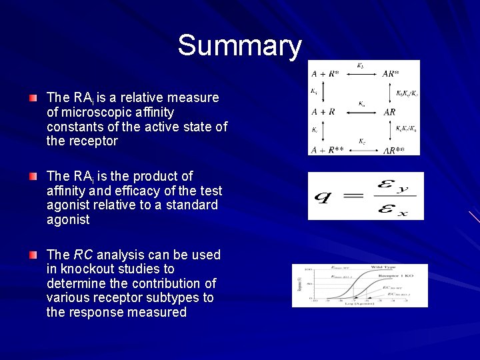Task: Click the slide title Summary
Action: pyautogui.click(x=240, y=46)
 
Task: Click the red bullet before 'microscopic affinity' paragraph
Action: pyautogui.click(x=33, y=98)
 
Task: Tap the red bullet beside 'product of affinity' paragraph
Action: pyautogui.click(x=33, y=177)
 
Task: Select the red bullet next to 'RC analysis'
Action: pyautogui.click(x=33, y=255)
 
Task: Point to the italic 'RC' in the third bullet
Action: pyautogui.click(x=83, y=255)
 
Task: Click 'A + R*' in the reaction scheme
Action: pyautogui.click(x=325, y=73)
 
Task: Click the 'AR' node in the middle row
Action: pyautogui.click(x=390, y=112)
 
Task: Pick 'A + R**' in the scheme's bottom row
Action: pyautogui.click(x=327, y=150)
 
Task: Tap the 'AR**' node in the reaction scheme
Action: pyautogui.click(x=393, y=150)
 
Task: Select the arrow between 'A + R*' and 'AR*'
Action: pyautogui.click(x=361, y=73)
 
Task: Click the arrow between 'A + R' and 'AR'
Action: pyautogui.click(x=361, y=112)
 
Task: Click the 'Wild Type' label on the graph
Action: pyautogui.click(x=383, y=267)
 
